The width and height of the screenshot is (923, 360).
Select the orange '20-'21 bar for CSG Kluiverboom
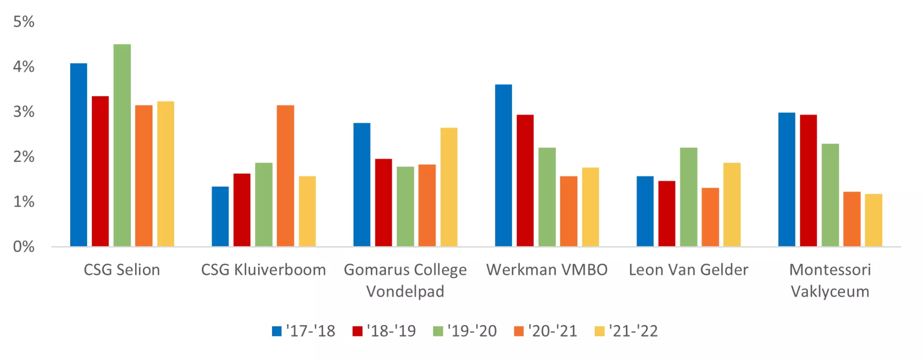tap(286, 176)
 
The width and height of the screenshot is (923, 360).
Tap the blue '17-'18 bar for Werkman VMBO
tap(503, 165)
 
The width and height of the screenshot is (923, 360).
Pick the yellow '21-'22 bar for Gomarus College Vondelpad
tap(449, 187)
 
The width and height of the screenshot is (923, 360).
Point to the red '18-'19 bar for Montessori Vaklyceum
tap(808, 181)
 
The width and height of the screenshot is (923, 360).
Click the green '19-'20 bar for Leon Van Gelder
tap(688, 197)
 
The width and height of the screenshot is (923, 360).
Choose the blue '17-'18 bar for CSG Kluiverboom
tap(220, 216)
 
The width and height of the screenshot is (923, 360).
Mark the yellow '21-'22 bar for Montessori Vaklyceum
tap(873, 220)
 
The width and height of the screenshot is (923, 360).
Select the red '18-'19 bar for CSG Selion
tap(100, 171)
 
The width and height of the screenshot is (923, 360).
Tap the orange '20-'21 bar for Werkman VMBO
tap(569, 211)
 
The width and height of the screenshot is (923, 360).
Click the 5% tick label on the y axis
tap(24, 22)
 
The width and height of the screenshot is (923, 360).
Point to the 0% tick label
tap(24, 247)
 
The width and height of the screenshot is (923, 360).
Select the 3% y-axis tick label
tap(24, 112)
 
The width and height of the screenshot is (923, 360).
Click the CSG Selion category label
tap(122, 270)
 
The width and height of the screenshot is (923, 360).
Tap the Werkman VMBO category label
tap(547, 270)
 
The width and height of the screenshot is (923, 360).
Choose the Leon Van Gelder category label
tap(688, 270)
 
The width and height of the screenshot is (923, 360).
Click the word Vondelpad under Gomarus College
tap(405, 291)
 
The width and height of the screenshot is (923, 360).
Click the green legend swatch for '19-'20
tap(438, 331)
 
